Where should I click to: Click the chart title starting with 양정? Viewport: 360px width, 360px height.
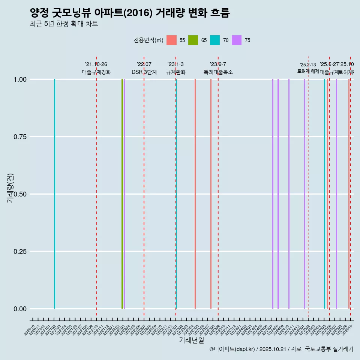tap(129, 13)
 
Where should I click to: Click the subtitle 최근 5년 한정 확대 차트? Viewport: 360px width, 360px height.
tap(64, 24)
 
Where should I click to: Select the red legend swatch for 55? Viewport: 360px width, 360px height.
tap(171, 40)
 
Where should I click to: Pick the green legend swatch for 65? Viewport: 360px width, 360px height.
tap(193, 40)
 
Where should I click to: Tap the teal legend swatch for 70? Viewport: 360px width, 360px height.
tap(215, 40)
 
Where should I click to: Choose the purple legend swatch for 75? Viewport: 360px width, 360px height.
tap(237, 40)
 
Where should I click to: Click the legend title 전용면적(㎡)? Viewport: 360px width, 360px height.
tap(148, 40)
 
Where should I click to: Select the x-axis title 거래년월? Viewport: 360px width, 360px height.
tap(191, 340)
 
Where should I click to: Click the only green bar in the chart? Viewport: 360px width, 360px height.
tap(122, 194)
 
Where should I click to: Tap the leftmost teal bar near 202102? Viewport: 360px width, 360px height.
tap(54, 194)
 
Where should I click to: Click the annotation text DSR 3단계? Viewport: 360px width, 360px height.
tap(144, 72)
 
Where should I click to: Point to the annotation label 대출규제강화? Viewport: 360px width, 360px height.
tap(96, 72)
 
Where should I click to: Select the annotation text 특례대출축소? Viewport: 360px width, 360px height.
tap(218, 72)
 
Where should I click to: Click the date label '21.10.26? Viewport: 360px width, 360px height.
tap(96, 64)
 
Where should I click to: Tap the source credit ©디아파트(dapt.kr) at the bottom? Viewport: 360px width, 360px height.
tap(232, 349)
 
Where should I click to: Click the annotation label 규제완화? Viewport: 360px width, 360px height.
tap(176, 72)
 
